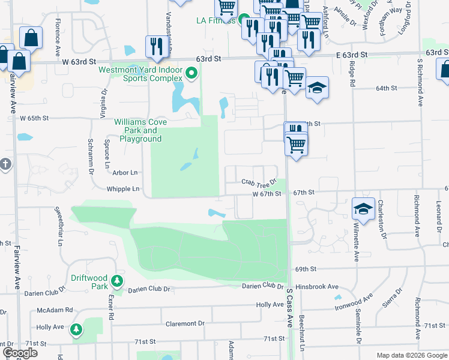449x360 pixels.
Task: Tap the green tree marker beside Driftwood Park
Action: pos(118,281)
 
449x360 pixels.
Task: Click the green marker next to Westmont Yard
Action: pos(192,74)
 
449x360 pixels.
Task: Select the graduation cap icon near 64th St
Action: pos(316,89)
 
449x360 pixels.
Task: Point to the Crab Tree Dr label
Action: pos(259,182)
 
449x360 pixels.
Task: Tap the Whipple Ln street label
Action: pos(123,189)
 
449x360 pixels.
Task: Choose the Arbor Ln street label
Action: pos(125,172)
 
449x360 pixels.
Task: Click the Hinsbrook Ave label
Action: pos(317,287)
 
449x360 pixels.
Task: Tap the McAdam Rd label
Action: pos(55,310)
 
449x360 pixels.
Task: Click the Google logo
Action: pos(20,353)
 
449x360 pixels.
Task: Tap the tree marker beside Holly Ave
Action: pos(76,329)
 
